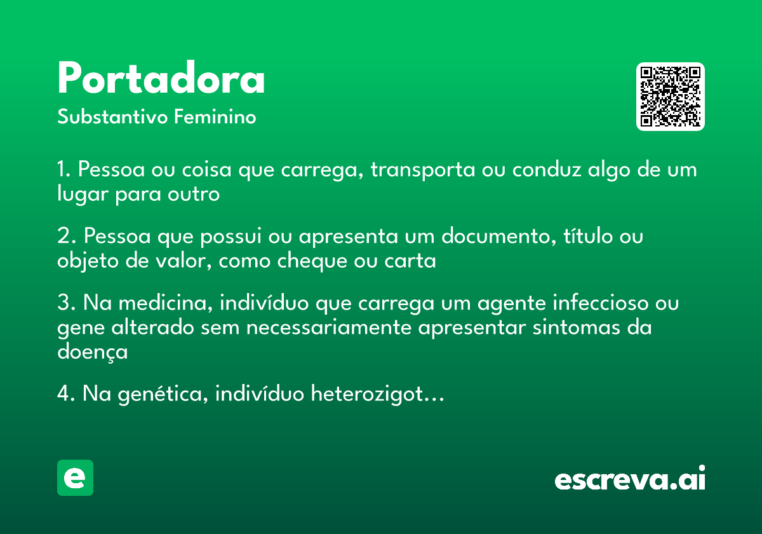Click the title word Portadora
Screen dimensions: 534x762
coord(161,79)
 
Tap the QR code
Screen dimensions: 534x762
coord(671,97)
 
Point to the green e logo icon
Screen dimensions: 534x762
coord(75,477)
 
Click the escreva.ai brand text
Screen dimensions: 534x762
coord(630,479)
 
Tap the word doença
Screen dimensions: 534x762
coord(93,352)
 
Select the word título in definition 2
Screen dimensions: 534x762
coord(583,236)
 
